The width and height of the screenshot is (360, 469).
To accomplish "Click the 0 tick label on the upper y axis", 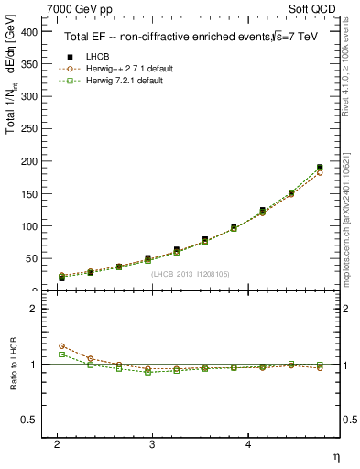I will (35, 290).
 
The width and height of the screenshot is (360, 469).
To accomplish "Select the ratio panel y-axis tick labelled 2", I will (35, 309).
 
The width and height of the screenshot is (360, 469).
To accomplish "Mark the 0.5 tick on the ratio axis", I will (30, 420).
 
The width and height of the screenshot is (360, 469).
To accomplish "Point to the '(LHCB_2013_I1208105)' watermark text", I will (191, 273).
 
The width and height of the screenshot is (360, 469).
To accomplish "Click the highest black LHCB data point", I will (320, 168).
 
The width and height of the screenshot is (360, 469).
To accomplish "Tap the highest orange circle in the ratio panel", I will (61, 345).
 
